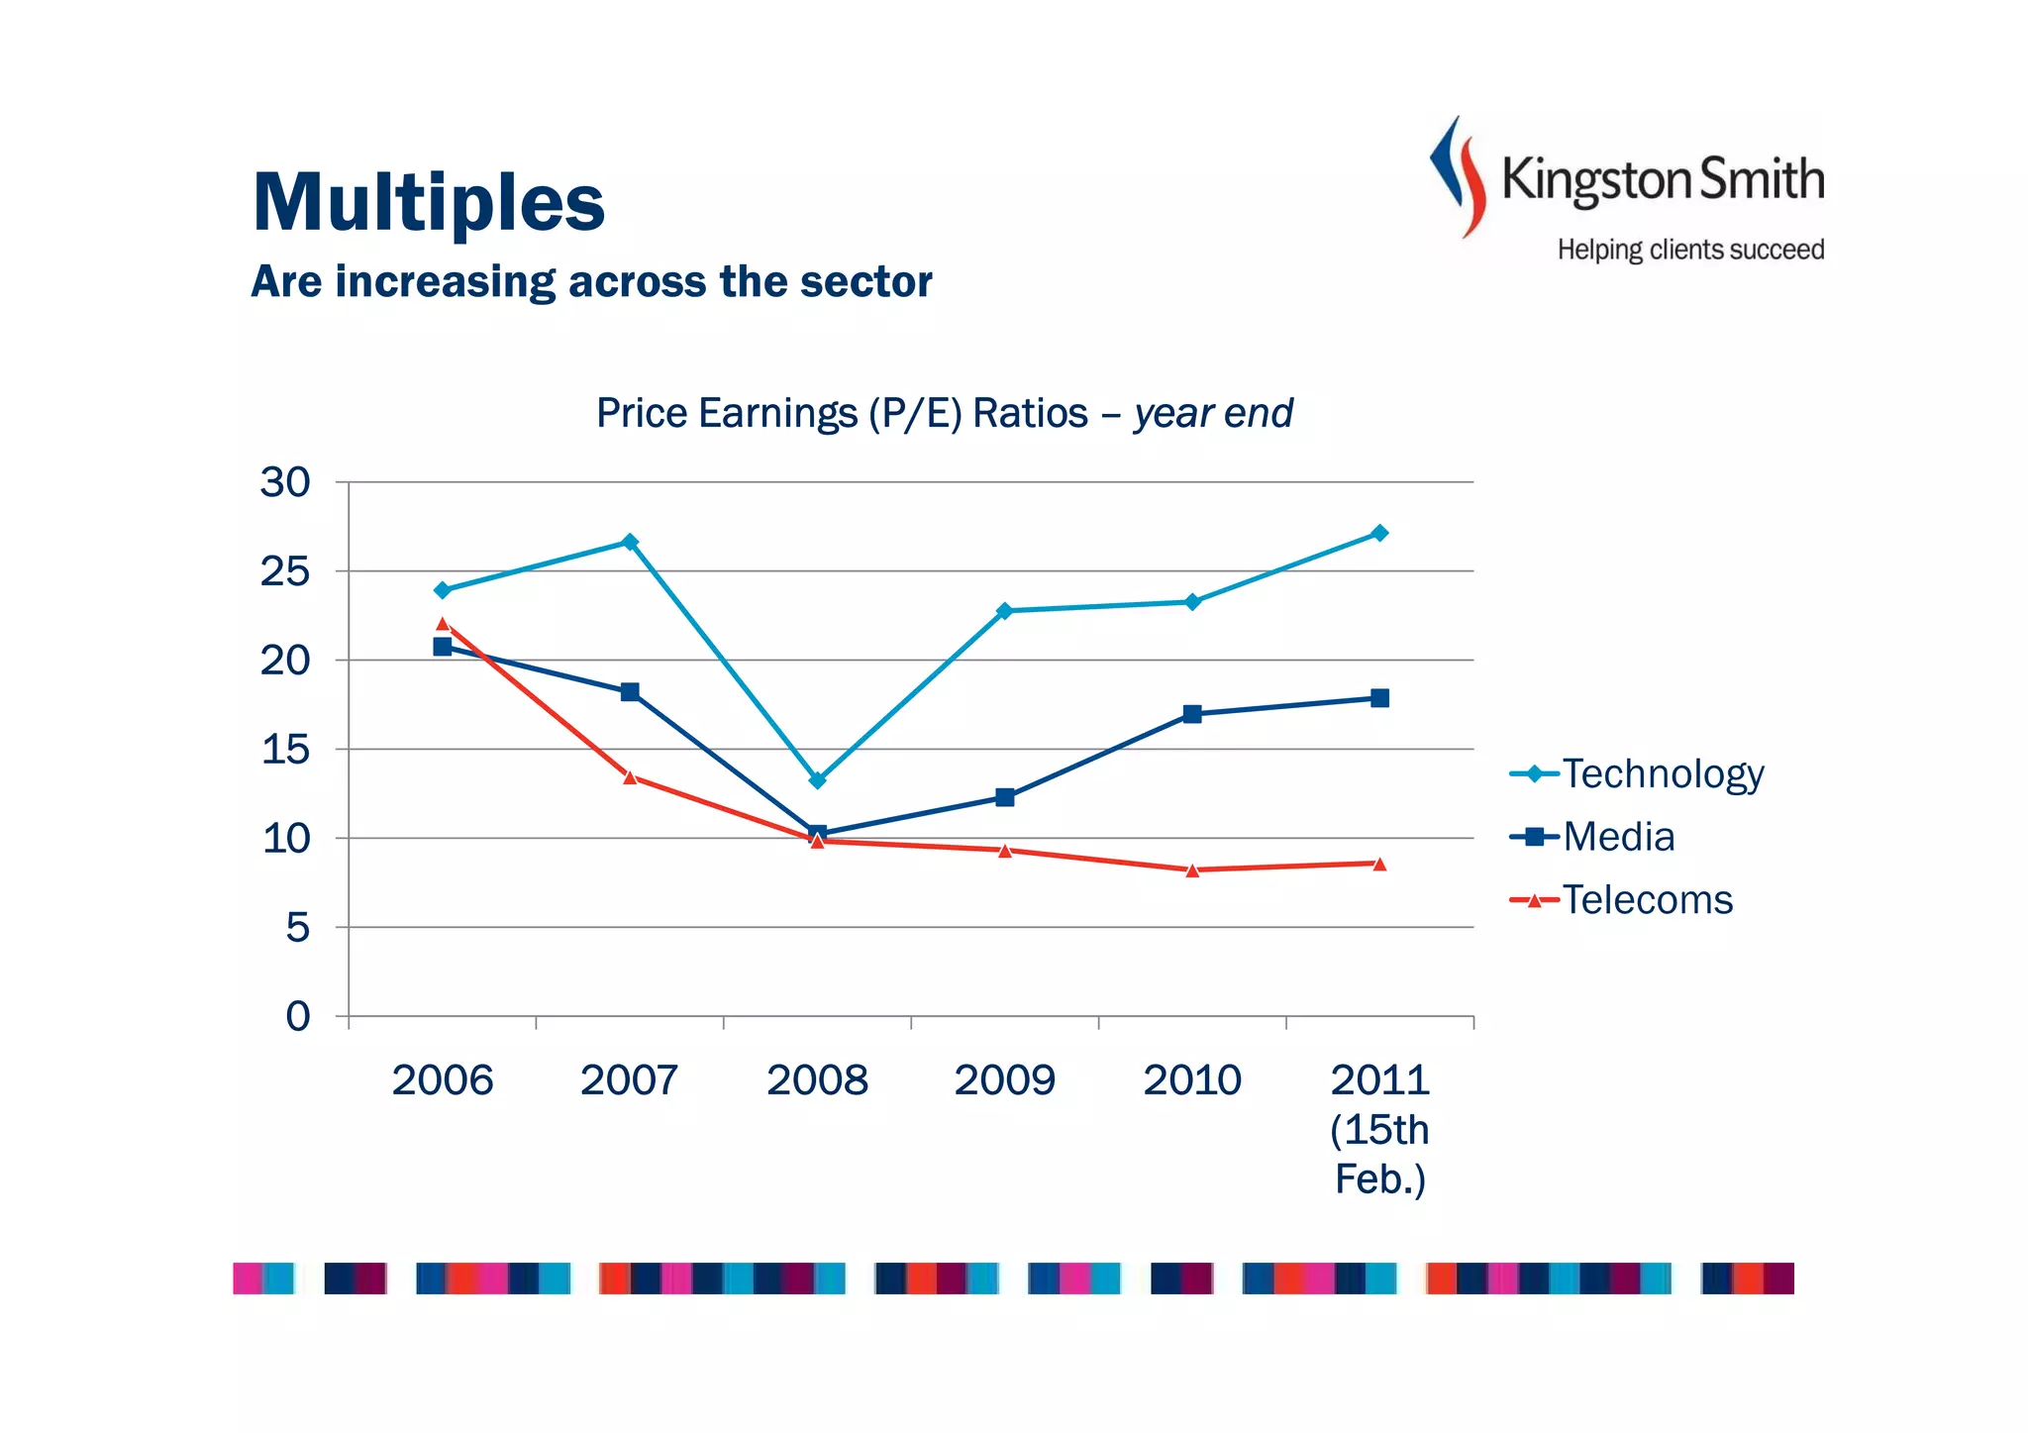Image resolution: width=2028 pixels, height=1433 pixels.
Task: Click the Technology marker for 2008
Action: tap(817, 780)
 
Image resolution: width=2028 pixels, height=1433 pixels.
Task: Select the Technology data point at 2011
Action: tap(1379, 533)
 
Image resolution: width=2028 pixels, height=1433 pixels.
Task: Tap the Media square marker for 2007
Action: tap(630, 691)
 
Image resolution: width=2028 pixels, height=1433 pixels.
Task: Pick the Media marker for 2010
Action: tap(1192, 714)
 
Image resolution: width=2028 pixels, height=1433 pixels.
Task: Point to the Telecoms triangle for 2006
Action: tap(443, 624)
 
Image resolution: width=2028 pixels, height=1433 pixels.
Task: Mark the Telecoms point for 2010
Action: tap(1192, 870)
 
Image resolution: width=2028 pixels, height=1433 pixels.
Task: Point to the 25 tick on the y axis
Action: tap(284, 571)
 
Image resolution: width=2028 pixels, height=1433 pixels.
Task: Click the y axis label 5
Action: tap(297, 928)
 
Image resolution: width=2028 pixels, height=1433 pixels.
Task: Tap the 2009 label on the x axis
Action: tap(1004, 1079)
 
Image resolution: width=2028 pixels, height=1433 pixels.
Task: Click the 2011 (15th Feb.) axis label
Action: tap(1379, 1129)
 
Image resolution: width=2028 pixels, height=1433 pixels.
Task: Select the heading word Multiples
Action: tap(429, 202)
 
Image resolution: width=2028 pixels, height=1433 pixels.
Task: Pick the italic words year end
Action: tap(1213, 413)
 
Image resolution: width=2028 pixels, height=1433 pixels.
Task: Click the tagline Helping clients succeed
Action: tap(1690, 250)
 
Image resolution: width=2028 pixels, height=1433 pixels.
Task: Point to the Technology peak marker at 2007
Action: tap(630, 542)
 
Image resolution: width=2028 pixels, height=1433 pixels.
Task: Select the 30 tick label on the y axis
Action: tap(284, 482)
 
